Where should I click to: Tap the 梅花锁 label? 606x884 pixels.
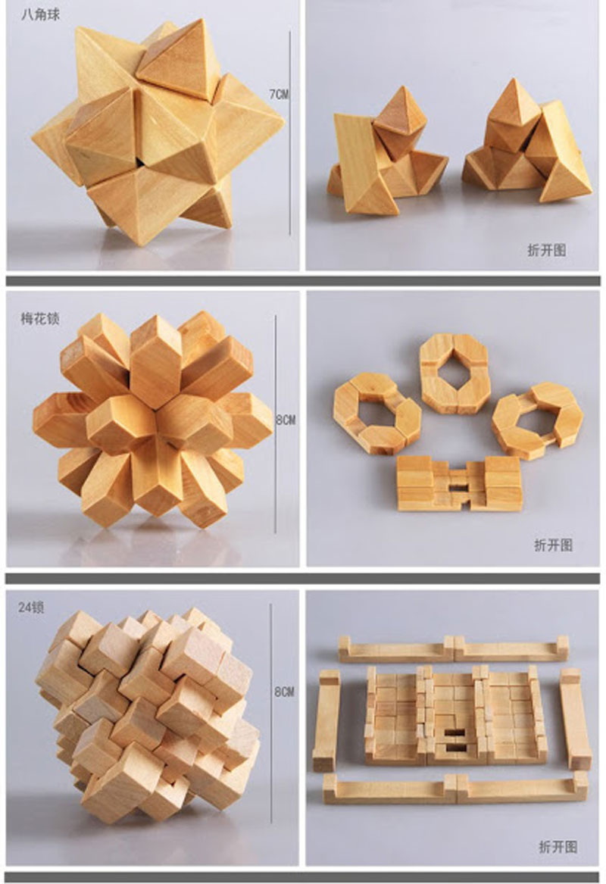click(x=41, y=319)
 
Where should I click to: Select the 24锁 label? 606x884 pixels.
click(x=31, y=608)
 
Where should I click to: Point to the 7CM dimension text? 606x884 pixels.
click(x=279, y=94)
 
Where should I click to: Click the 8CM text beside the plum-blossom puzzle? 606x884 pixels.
click(x=286, y=420)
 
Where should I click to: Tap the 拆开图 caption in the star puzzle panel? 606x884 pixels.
click(x=547, y=250)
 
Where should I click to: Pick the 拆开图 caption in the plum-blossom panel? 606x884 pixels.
click(x=554, y=545)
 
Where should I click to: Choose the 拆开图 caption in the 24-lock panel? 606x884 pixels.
click(x=558, y=846)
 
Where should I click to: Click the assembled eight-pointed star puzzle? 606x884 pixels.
click(x=158, y=133)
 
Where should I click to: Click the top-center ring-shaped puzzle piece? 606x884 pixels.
click(x=454, y=373)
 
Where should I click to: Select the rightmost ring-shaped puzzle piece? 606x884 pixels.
click(x=537, y=420)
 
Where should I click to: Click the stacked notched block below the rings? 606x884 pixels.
click(x=459, y=483)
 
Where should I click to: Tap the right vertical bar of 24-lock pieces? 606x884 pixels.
click(x=576, y=719)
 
